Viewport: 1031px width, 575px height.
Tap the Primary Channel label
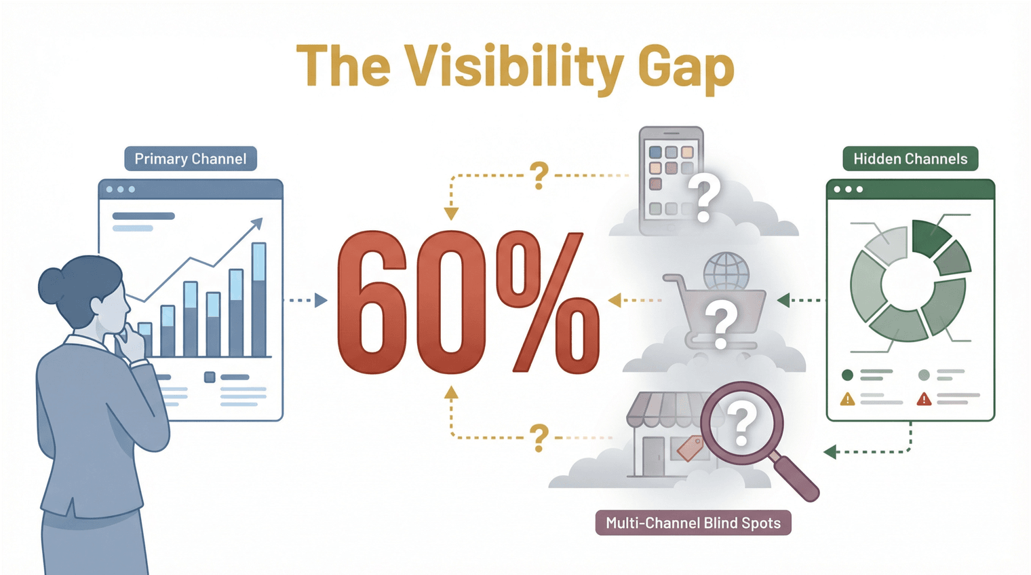tap(191, 159)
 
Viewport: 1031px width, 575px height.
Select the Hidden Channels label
tap(910, 159)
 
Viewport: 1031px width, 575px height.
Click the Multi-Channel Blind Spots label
tap(693, 523)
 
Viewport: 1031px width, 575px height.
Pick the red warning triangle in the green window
tap(924, 398)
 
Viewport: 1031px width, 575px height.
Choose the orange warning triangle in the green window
tap(847, 398)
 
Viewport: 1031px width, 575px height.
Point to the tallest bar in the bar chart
tap(258, 299)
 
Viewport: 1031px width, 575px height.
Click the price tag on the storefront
tap(690, 448)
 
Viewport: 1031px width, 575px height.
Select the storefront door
tap(653, 456)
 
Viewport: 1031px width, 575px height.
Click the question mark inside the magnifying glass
tap(741, 424)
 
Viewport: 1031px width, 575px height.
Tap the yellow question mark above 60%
tap(539, 175)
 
